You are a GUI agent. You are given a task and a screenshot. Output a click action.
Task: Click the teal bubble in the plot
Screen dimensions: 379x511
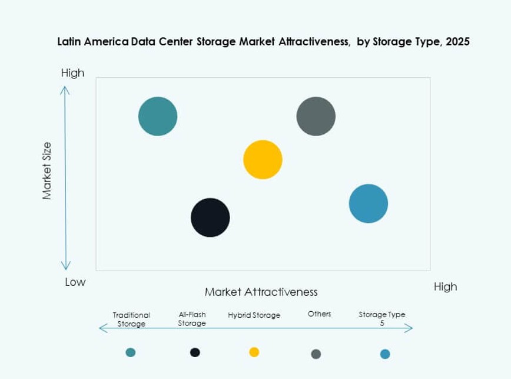pos(158,116)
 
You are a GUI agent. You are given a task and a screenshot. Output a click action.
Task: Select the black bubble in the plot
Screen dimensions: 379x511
pos(210,217)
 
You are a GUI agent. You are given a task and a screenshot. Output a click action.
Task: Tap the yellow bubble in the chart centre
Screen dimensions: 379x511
pos(263,159)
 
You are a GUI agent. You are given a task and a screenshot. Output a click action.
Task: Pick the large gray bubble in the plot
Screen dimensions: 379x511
pos(316,116)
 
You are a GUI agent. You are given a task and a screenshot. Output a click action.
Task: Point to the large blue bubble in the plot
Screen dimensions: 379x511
pos(369,203)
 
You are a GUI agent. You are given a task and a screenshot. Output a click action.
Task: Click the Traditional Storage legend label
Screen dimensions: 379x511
pos(131,319)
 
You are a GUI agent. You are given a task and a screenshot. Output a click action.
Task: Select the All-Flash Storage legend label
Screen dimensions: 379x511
pos(192,319)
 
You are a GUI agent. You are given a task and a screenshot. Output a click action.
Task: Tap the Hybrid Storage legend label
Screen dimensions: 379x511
pos(254,315)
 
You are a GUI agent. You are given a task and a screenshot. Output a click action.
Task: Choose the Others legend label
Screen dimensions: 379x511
pos(319,314)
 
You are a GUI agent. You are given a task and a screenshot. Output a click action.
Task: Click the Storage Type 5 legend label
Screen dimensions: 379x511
pos(382,318)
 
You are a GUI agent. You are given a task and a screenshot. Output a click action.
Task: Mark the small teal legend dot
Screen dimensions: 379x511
pos(131,352)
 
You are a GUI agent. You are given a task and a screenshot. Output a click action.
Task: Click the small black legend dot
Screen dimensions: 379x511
pos(195,352)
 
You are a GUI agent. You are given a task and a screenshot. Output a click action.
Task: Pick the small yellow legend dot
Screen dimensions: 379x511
pos(254,352)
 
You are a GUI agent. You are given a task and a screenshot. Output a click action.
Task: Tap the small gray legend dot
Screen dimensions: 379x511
pos(316,354)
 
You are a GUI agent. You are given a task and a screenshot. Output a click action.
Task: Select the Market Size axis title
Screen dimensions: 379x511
pos(48,170)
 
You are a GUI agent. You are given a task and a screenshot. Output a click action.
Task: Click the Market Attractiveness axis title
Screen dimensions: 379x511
pos(261,292)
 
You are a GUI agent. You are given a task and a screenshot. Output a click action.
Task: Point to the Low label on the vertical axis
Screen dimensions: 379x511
pos(75,282)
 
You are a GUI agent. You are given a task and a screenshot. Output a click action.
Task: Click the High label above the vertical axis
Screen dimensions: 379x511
pos(72,73)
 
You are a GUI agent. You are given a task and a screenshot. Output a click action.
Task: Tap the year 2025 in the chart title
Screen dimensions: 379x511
pos(457,42)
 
